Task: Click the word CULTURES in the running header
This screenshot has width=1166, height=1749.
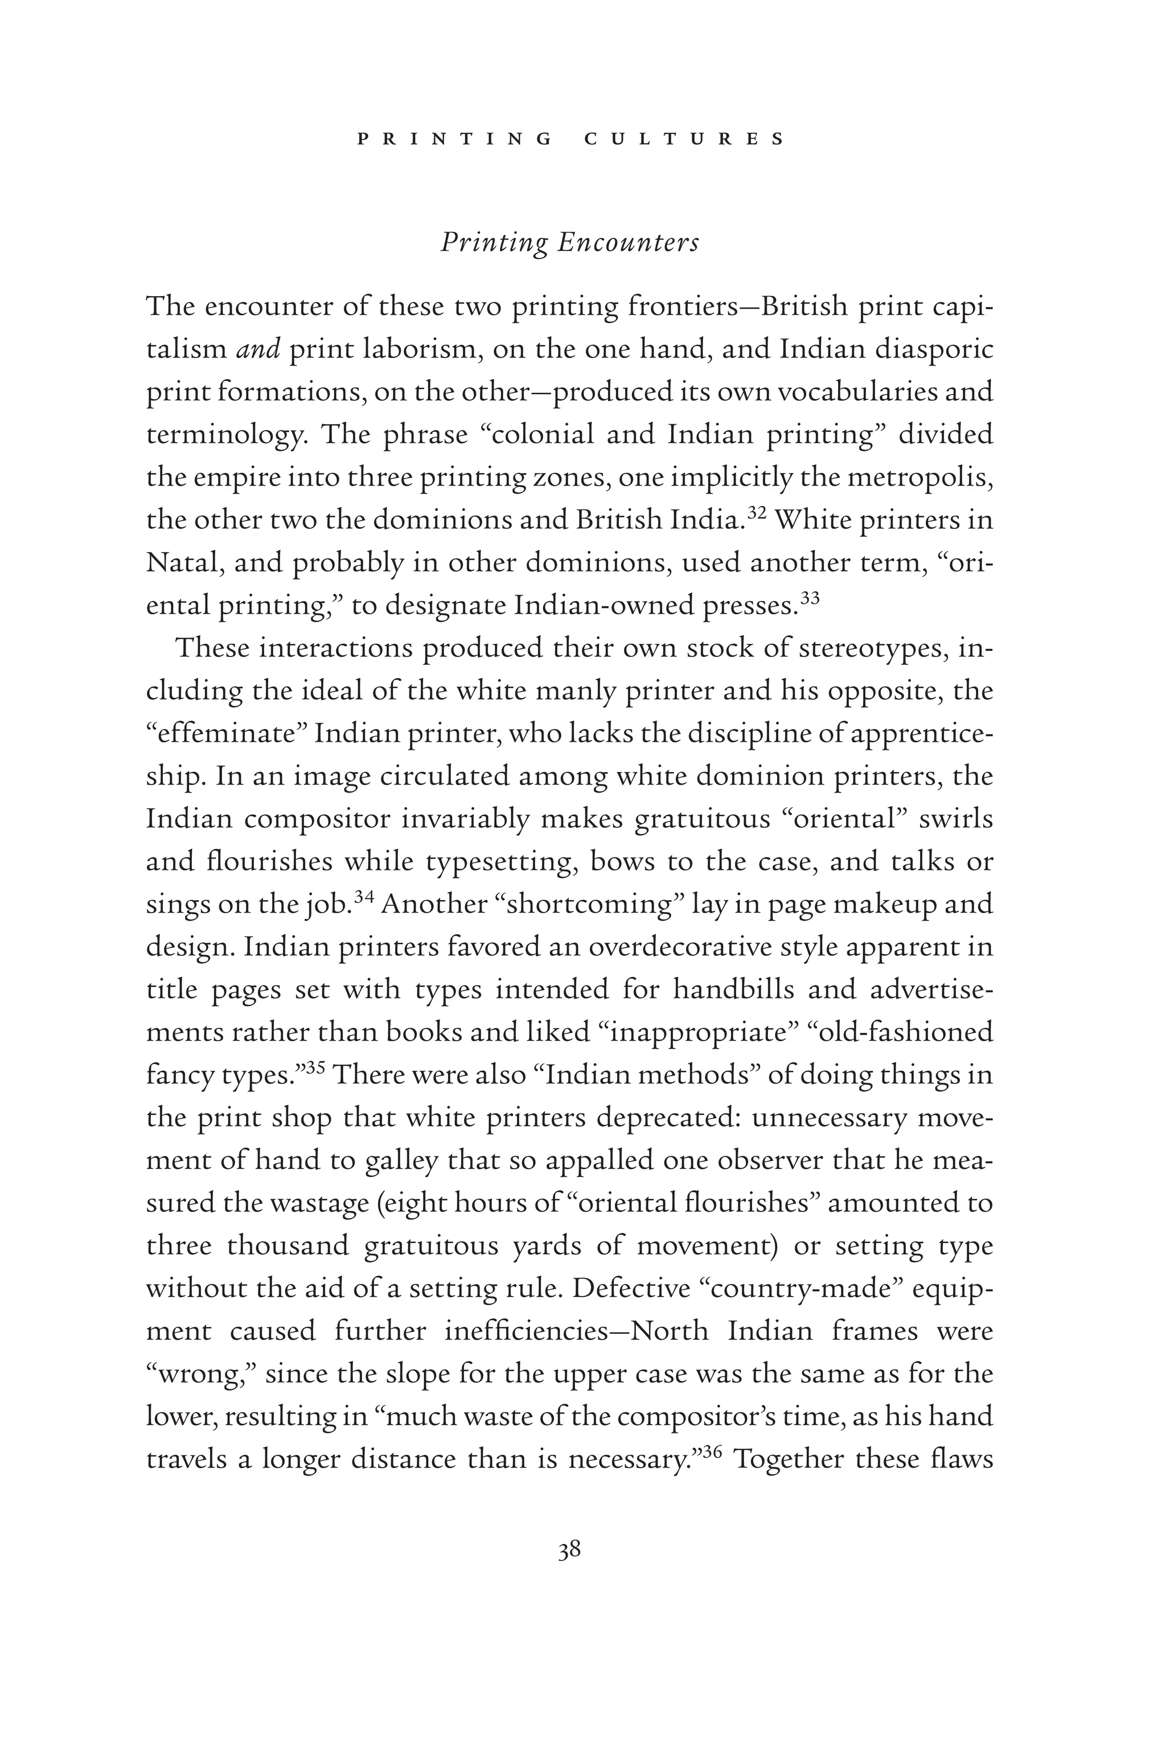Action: point(684,139)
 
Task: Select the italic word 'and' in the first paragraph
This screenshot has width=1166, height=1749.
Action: point(257,350)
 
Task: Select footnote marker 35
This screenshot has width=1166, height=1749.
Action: point(316,1068)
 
